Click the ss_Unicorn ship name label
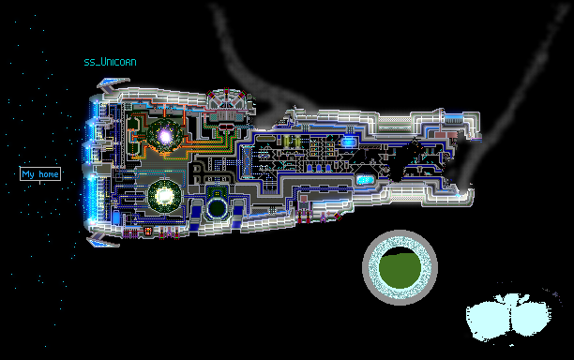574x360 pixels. pos(110,62)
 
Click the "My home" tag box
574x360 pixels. pos(40,173)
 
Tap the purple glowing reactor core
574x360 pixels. pos(165,136)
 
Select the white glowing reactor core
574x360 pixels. pos(164,196)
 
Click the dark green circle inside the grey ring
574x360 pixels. pos(400,268)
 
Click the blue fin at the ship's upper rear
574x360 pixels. pos(113,84)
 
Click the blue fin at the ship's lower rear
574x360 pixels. pos(103,239)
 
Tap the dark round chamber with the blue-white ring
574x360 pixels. pos(217,208)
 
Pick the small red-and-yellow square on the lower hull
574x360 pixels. pos(148,232)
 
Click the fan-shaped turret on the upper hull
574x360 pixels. pos(226,98)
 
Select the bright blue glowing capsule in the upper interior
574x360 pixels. pos(348,142)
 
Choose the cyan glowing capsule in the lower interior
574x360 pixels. pos(365,180)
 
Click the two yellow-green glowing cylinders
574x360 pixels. pos(292,142)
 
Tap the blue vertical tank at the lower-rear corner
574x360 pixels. pos(116,217)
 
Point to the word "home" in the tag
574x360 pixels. pos(49,174)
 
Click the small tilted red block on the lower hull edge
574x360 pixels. pos(338,217)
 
